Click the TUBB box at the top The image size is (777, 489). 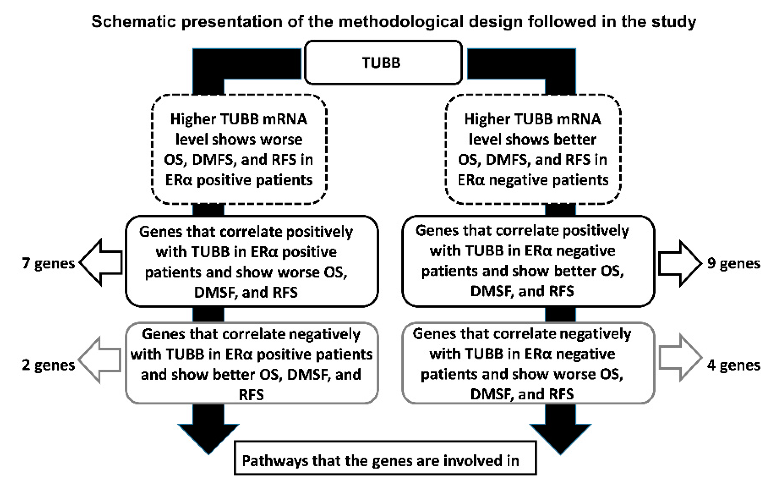coord(383,62)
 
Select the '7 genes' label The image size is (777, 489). coord(48,263)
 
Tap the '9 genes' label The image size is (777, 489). coord(734,263)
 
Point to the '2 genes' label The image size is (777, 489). coord(48,365)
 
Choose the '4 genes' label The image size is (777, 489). coord(734,365)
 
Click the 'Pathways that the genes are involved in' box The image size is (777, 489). coord(385,458)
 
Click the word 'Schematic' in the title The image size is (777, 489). coord(133,22)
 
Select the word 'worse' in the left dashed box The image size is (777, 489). coord(281,139)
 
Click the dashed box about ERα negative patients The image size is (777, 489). coord(533,149)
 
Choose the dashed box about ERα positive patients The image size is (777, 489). coord(239,149)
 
